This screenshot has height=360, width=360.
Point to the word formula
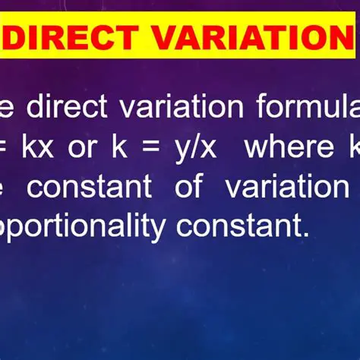308,107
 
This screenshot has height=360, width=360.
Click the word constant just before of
89,187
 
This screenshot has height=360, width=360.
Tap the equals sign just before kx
5,148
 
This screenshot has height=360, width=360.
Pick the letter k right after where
353,147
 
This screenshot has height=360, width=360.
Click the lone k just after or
118,147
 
